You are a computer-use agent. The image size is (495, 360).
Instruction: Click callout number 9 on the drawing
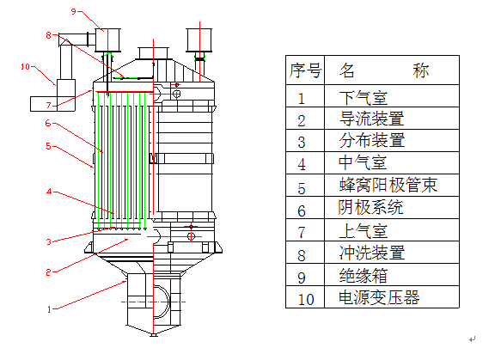pos(73,12)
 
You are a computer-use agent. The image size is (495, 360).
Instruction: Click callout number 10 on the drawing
pos(25,65)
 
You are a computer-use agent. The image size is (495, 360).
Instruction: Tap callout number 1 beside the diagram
pos(49,308)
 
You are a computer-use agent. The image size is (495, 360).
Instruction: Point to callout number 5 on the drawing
pos(49,146)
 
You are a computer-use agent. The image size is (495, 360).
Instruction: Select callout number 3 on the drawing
pos(49,241)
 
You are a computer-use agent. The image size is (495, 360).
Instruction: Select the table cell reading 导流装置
pos(371,119)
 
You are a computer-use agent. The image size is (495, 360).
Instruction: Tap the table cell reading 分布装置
pos(371,141)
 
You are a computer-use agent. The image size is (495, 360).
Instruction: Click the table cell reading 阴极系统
pos(371,209)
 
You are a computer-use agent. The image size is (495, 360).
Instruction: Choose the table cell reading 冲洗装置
pos(371,253)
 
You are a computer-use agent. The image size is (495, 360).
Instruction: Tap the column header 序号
pos(305,70)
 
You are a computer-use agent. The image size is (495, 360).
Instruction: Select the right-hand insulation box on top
pos(201,40)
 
